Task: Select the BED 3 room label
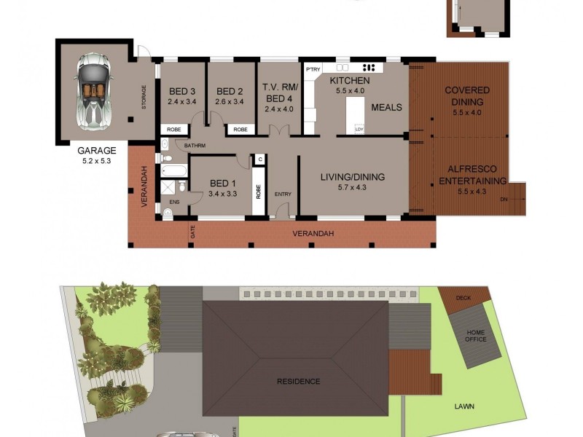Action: coord(182,91)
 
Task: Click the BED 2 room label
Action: coord(230,91)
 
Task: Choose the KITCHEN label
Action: coord(350,80)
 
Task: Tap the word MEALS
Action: coord(386,108)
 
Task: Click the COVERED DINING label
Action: coord(467,96)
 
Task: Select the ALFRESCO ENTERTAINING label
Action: coord(467,176)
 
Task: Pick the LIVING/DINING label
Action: coord(353,177)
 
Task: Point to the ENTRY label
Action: coord(283,194)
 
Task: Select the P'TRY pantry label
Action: coord(313,69)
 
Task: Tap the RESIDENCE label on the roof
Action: coord(298,381)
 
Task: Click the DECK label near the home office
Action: coord(463,298)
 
